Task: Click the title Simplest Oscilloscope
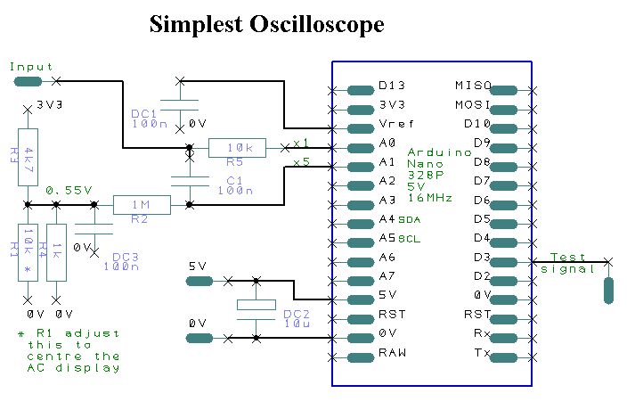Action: click(266, 24)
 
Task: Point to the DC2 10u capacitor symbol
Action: click(256, 305)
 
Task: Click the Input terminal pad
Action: click(28, 81)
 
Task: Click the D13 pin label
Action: click(392, 86)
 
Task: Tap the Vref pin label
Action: click(395, 123)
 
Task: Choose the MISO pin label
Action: click(473, 86)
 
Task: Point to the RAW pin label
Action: click(392, 353)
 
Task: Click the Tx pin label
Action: click(482, 353)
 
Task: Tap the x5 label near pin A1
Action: click(301, 163)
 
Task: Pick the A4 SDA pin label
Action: click(399, 218)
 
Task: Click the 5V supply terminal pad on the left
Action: click(199, 281)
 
